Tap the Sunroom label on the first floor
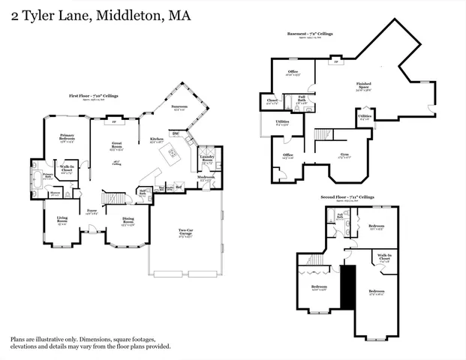coord(179,106)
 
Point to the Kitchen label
coord(157,139)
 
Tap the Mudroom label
coord(206,177)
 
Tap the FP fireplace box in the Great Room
coord(114,121)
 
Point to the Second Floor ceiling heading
coord(351,197)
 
